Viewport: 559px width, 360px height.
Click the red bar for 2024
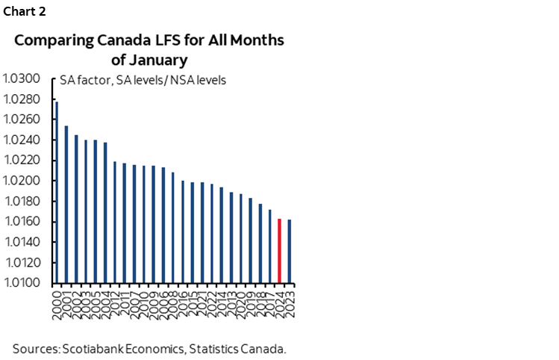(280, 251)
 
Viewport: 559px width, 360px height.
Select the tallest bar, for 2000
(57, 192)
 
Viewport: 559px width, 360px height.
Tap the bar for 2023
(290, 251)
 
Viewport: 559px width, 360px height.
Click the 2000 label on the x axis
(57, 300)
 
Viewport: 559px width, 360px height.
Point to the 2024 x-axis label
(280, 300)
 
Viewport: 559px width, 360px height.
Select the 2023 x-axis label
(290, 300)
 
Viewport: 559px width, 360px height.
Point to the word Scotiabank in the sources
(101, 348)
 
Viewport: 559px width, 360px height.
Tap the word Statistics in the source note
(219, 348)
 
